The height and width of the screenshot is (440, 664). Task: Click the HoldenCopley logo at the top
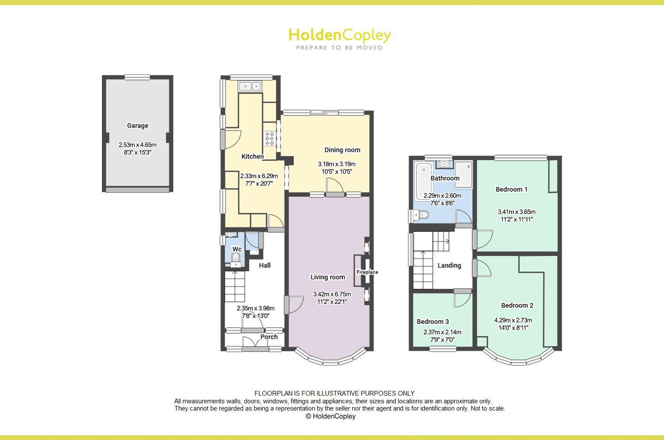point(339,35)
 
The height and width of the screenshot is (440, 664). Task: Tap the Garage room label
point(137,125)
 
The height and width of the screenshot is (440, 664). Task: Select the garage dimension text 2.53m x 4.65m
point(137,145)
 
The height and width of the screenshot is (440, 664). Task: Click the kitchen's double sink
point(250,86)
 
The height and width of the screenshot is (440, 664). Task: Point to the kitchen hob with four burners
point(270,138)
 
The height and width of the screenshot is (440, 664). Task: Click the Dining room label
point(342,150)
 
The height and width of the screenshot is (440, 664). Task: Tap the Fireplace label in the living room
point(367,272)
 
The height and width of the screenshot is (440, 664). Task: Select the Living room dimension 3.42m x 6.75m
point(332,294)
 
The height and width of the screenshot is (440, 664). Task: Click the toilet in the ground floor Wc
point(235,257)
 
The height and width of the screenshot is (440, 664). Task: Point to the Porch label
point(269,337)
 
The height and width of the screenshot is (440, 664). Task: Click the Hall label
point(264,265)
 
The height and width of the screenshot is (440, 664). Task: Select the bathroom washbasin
point(444,164)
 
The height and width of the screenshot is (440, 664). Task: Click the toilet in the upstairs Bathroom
point(421,216)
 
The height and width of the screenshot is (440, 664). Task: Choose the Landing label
point(449,265)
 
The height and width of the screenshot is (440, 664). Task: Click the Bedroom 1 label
point(511,189)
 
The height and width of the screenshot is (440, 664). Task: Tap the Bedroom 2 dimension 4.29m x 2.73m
point(513,320)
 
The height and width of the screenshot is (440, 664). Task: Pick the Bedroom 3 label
point(432,321)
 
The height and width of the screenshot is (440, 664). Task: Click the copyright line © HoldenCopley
point(331,416)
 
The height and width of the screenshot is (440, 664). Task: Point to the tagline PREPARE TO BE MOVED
point(339,48)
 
